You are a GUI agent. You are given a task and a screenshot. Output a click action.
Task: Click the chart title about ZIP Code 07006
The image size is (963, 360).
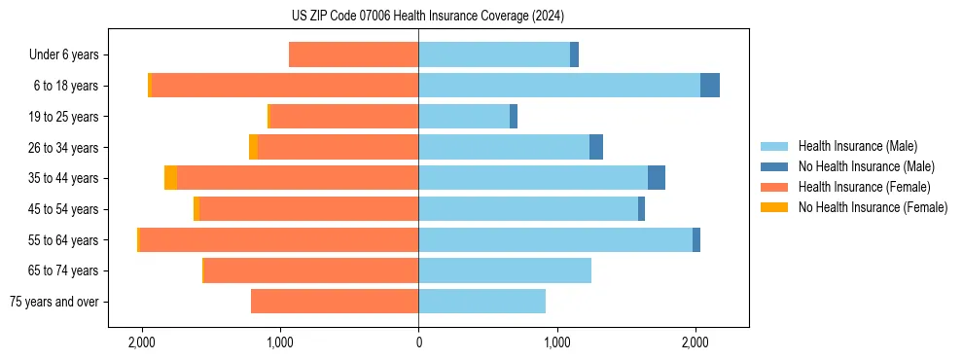pyautogui.click(x=427, y=16)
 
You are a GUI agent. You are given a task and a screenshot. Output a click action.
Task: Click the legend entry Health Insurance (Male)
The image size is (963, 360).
pyautogui.click(x=857, y=146)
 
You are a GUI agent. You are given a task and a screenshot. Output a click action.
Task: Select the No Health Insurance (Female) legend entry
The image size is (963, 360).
pyautogui.click(x=873, y=207)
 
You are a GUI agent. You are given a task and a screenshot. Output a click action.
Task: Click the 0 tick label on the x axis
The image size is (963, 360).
pyautogui.click(x=418, y=342)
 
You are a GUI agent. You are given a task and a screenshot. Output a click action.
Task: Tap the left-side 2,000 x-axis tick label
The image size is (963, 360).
pyautogui.click(x=142, y=342)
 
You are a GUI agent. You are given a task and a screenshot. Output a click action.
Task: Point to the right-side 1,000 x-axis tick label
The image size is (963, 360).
pyautogui.click(x=557, y=342)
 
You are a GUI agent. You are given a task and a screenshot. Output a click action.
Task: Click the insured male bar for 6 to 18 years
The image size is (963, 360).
pyautogui.click(x=559, y=86)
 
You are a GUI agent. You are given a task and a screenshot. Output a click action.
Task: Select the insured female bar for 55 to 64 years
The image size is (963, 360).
pyautogui.click(x=279, y=240)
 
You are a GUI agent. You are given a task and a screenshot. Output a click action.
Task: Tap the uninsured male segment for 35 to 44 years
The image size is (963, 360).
pyautogui.click(x=657, y=178)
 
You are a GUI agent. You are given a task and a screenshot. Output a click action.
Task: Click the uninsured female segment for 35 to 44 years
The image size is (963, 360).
pyautogui.click(x=171, y=178)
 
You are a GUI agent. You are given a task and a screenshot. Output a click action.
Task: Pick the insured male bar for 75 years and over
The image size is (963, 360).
pyautogui.click(x=481, y=302)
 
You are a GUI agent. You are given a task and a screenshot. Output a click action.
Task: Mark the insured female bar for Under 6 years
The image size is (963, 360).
pyautogui.click(x=354, y=54)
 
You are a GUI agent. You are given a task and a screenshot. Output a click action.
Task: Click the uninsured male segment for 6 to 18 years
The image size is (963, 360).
pyautogui.click(x=710, y=86)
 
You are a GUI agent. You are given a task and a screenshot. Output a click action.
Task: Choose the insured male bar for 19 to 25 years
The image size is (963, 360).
pyautogui.click(x=464, y=117)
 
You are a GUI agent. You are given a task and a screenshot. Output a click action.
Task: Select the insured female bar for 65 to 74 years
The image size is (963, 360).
pyautogui.click(x=311, y=270)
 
